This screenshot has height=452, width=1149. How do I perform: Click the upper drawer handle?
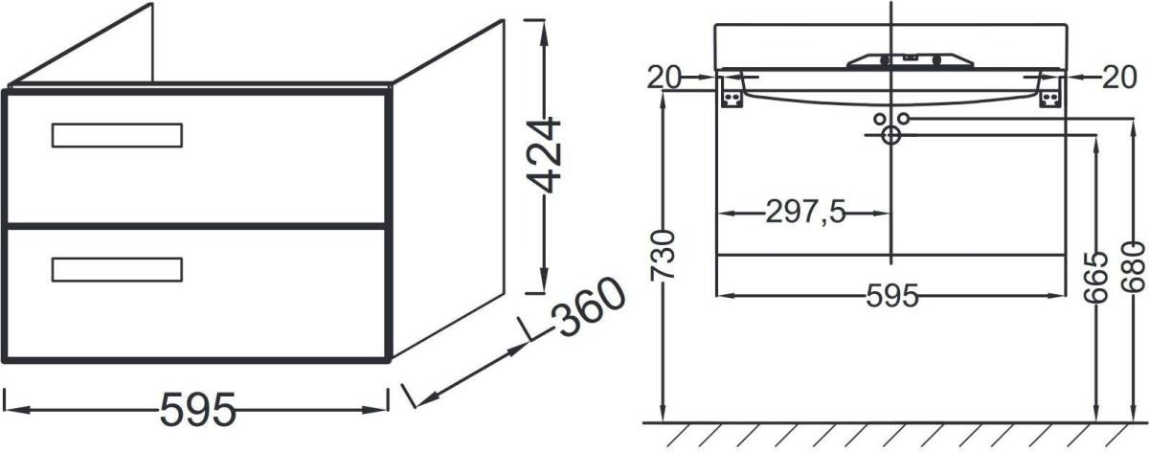click(117, 135)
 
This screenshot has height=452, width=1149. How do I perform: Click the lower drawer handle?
click(117, 270)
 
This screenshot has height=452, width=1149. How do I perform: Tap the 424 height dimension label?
click(544, 155)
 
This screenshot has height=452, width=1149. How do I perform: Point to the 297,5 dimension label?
click(805, 212)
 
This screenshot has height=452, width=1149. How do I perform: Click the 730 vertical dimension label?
click(663, 256)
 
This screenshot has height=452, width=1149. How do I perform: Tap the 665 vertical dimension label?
click(1096, 278)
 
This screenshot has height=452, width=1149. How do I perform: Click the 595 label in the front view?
click(892, 296)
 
